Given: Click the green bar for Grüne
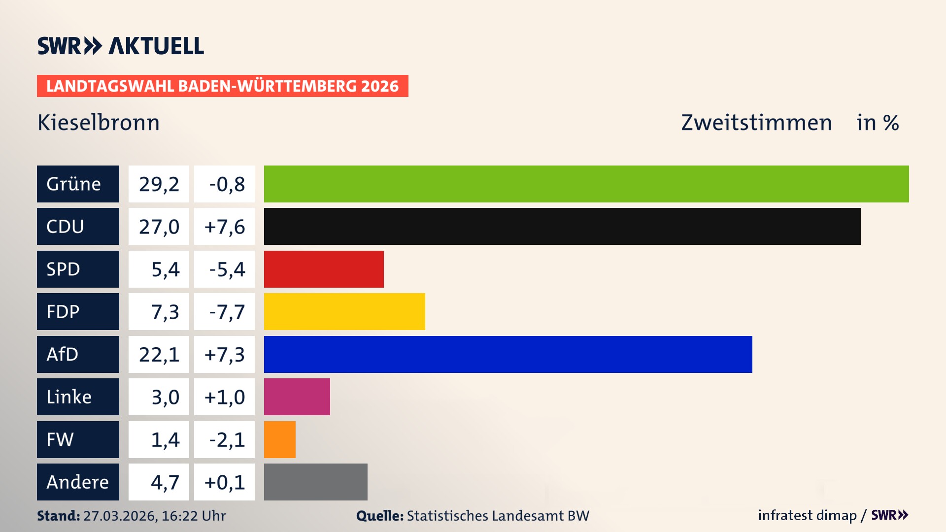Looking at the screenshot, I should pos(586,184).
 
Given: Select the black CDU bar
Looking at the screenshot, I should pos(562,226).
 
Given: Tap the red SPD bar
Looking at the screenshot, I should pos(324,269).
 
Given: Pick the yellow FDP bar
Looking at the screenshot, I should pos(344,311).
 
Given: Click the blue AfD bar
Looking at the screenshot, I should pos(508,354).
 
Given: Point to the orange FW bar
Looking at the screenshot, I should pos(280,439).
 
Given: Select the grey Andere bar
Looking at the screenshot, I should pos(316,482).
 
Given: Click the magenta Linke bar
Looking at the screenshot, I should pos(297,397).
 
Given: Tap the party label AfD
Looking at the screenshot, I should pos(63,354).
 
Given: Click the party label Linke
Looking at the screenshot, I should pos(69,397).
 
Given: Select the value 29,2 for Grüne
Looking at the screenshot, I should pos(159,184).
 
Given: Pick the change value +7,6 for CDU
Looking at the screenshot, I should pos(224,227).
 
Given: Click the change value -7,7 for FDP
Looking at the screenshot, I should pos(227,312).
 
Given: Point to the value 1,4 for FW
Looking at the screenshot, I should pos(165,439).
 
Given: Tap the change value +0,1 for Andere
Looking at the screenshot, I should pos(224,482).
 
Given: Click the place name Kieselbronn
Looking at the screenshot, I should pos(99,123).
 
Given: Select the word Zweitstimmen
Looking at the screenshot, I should pos(756,123).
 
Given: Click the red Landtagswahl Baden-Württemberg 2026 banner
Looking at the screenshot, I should pos(222,86).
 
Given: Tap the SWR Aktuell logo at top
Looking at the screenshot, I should pos(121,46).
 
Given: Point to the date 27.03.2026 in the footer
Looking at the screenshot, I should pos(120,516).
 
